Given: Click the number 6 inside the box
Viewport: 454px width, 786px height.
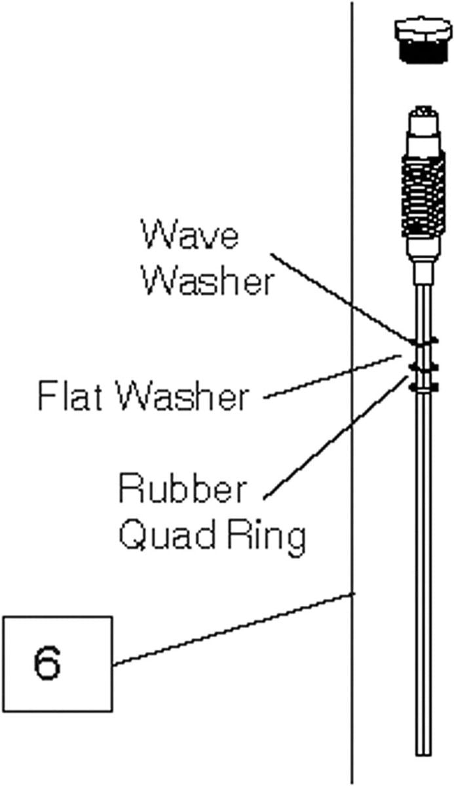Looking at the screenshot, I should click(x=47, y=664).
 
